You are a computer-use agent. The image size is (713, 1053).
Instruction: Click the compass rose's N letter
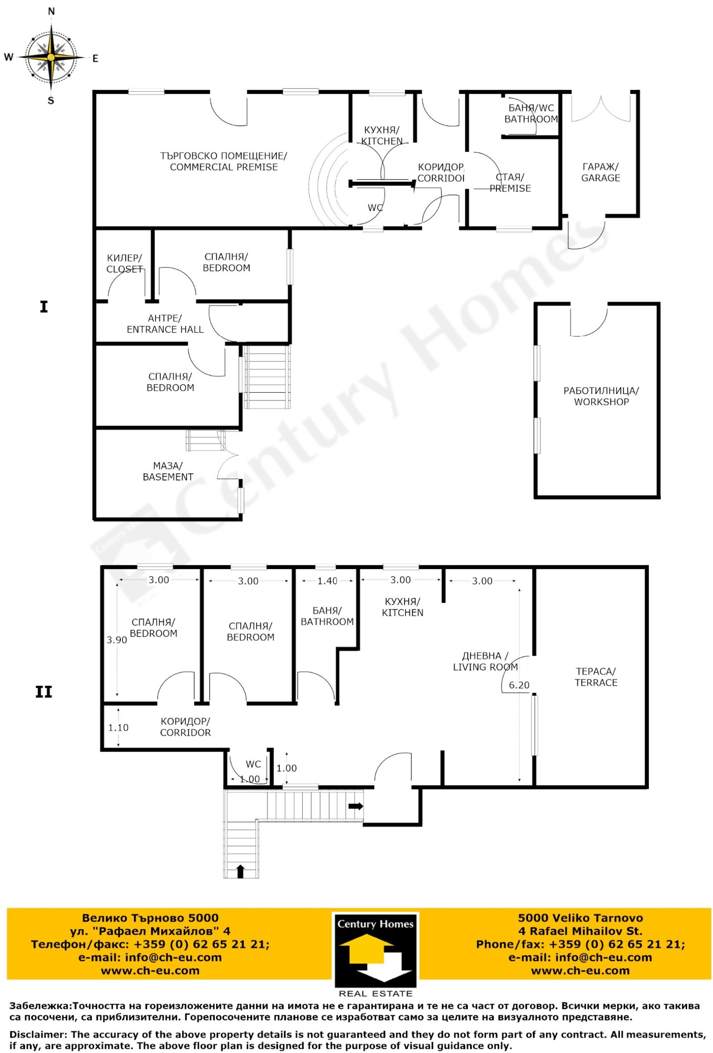(51, 11)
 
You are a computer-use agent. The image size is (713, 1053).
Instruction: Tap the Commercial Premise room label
(224, 161)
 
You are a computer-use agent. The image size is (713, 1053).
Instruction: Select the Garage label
(601, 172)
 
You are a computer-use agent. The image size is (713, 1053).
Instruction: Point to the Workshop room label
(601, 396)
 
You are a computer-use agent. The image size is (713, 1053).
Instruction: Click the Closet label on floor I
(124, 264)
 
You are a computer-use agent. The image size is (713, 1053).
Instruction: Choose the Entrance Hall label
(165, 324)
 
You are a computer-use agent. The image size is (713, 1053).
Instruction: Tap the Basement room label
(168, 471)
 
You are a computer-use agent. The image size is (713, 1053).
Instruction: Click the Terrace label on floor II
(596, 677)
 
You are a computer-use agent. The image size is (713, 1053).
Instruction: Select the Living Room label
(485, 662)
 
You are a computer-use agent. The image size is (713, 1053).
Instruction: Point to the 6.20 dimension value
(519, 685)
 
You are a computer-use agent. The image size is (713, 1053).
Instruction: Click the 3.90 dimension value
(117, 640)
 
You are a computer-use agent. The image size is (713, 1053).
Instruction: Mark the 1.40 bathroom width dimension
(327, 581)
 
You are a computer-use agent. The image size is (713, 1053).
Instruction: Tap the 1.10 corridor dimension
(118, 728)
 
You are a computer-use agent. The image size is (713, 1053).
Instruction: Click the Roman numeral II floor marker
(44, 692)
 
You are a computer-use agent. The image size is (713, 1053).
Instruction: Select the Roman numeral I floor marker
(44, 307)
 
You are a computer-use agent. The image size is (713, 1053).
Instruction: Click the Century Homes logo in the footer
(375, 956)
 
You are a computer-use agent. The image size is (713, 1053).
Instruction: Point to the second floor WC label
(253, 764)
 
